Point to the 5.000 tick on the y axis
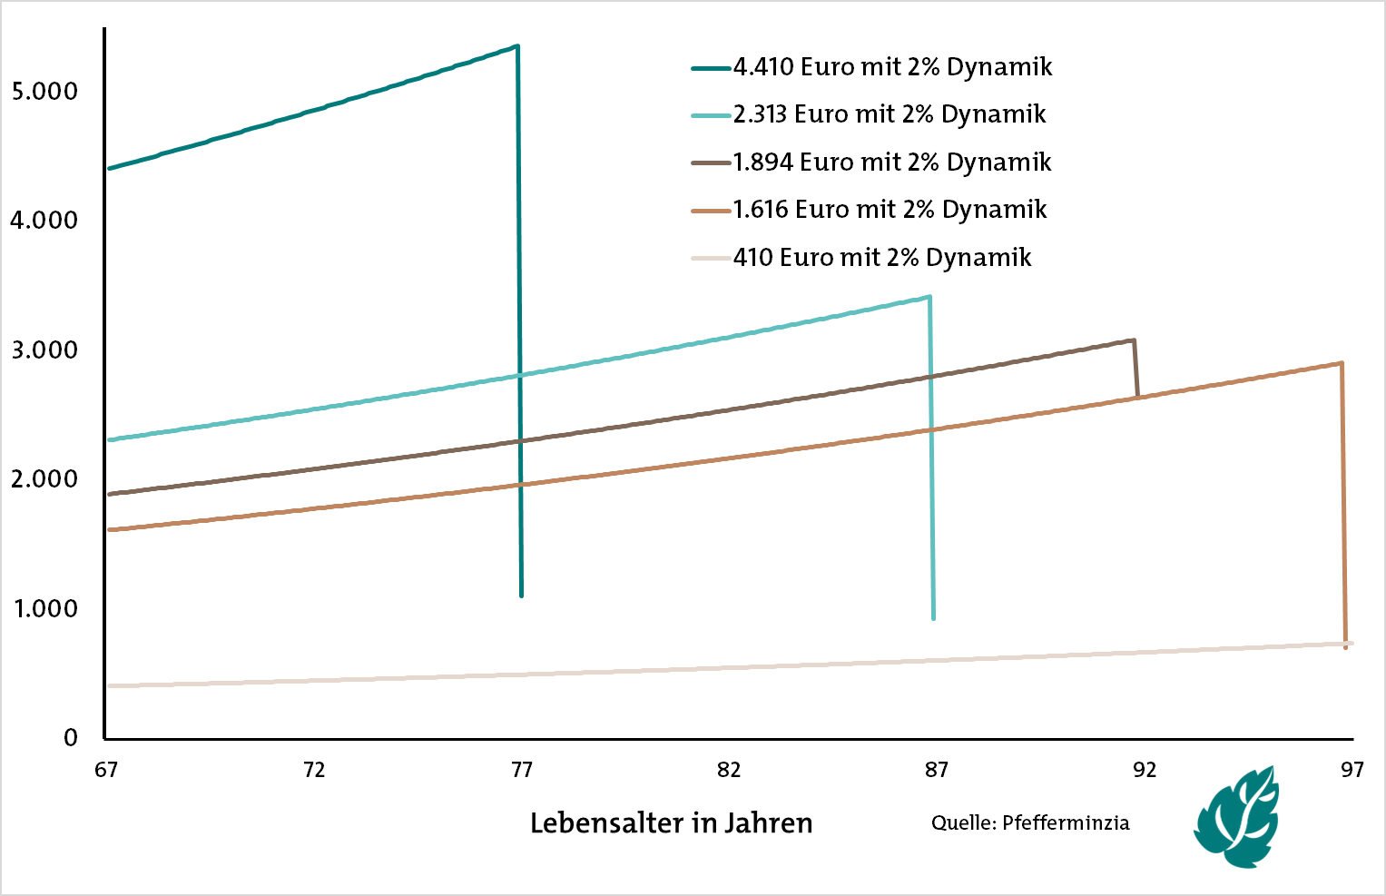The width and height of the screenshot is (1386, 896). [x=44, y=92]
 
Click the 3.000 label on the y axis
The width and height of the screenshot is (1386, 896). [x=44, y=350]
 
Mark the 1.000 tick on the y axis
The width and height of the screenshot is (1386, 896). [x=44, y=609]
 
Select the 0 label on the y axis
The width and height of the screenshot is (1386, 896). [x=71, y=738]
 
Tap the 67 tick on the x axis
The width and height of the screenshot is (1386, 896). [x=105, y=770]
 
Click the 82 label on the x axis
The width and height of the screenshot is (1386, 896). [x=729, y=770]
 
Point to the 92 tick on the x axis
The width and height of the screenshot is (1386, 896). [x=1145, y=770]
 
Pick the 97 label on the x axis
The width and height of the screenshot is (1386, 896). [x=1352, y=770]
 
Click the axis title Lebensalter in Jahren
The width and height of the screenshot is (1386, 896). [x=671, y=823]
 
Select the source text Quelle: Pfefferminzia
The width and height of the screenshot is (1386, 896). [x=1030, y=823]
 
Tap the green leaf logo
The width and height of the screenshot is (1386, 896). [x=1238, y=816]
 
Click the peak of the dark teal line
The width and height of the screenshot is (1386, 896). [x=516, y=45]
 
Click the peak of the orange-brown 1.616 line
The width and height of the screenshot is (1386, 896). [x=1342, y=363]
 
